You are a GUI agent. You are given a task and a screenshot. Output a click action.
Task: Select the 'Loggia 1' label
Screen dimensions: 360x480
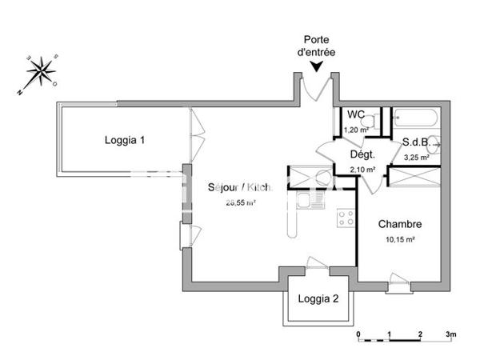coord(125,140)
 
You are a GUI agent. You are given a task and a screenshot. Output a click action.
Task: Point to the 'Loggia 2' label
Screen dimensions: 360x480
coord(318,300)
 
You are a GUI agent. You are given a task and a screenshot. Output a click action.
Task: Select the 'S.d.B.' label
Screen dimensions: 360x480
coord(418,142)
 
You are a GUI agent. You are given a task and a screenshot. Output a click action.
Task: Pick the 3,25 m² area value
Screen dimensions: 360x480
coord(418,158)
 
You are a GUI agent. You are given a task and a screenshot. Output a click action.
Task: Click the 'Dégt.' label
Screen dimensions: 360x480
coord(362,154)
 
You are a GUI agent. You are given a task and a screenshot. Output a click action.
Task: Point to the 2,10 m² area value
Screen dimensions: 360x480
coord(362,169)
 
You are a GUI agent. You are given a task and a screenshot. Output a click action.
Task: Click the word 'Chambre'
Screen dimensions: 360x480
coord(400,224)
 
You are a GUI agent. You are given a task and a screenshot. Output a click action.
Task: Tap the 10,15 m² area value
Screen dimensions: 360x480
coord(400,238)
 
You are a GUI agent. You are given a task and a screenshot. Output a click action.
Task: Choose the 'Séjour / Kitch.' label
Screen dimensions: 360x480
coord(239,187)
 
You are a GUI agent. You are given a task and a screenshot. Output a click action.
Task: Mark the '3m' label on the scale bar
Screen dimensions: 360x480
coord(450,334)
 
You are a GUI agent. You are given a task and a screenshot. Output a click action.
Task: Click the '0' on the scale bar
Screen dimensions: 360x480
coord(358,334)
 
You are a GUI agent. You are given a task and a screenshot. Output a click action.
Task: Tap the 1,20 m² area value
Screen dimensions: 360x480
coord(355,130)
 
